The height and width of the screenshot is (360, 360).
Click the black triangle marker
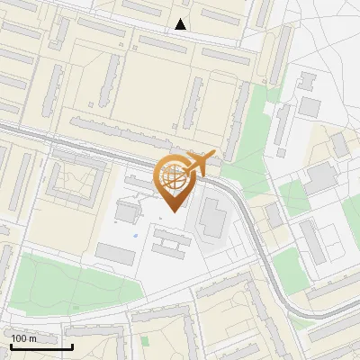point(181,24)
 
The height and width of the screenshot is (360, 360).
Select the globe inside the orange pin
point(173,176)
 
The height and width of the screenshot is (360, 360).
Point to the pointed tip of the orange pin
point(174,212)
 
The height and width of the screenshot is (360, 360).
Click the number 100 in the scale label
point(19,338)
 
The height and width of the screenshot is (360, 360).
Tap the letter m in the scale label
point(33,338)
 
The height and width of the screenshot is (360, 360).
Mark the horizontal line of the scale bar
point(41,346)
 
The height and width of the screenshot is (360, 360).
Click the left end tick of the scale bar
point(11,345)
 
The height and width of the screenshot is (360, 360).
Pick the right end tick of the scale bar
point(72,345)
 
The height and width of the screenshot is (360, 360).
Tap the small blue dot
point(136,236)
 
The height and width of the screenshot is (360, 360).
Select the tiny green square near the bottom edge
point(144,341)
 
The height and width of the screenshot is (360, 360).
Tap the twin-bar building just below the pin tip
point(170,238)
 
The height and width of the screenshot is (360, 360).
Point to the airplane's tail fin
point(192,156)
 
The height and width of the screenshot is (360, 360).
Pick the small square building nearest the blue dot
point(127,212)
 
